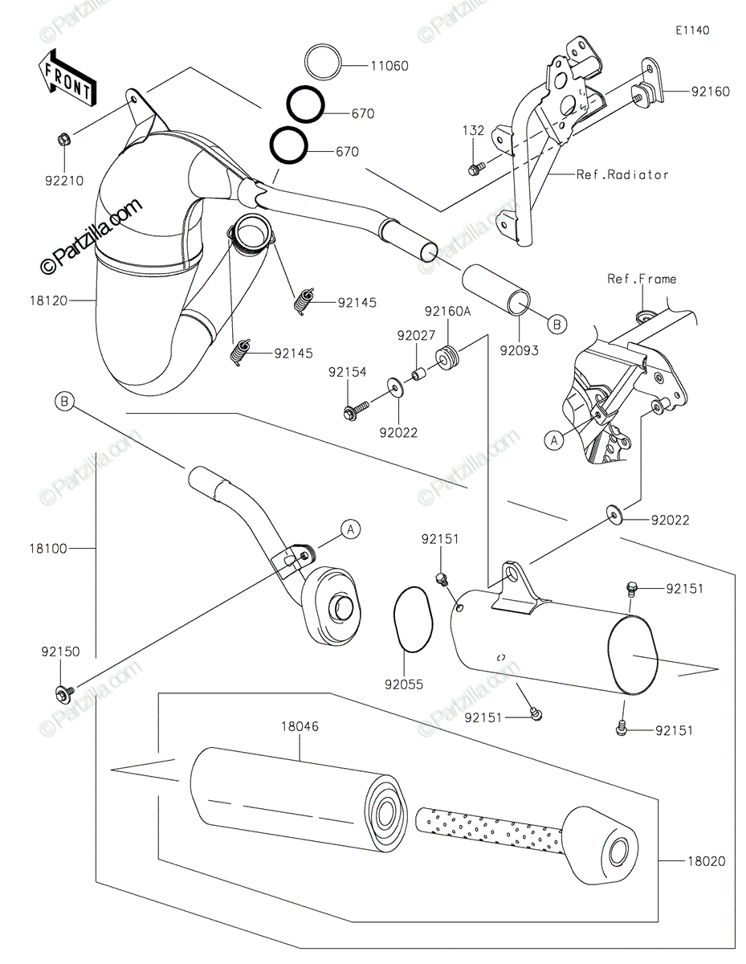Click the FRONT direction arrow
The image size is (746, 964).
click(67, 79)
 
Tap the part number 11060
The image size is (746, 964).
click(389, 66)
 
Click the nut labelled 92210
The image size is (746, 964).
click(63, 141)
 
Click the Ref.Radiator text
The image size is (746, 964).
click(622, 175)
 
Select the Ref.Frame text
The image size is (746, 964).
click(642, 279)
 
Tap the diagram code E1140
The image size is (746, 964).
click(692, 31)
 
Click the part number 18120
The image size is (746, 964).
click(48, 300)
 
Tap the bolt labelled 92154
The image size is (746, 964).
click(356, 411)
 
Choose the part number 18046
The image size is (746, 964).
click(300, 727)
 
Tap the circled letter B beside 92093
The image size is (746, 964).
click(556, 325)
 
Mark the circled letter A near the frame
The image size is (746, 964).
click(554, 441)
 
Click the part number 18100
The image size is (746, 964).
click(48, 549)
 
